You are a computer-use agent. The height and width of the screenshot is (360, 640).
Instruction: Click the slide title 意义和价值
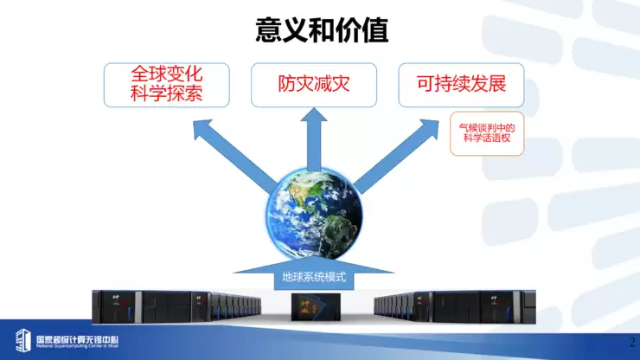point(322,30)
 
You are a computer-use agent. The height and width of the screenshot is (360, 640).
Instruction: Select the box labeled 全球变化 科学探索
point(166,85)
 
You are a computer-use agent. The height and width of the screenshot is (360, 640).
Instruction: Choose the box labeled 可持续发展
point(460,85)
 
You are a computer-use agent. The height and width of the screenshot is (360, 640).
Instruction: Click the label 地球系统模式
point(314,279)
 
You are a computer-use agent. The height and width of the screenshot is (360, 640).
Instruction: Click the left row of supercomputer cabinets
point(176,305)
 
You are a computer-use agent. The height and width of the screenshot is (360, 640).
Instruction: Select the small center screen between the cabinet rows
point(314,305)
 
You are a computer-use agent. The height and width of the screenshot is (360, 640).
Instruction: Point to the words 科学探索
point(166,93)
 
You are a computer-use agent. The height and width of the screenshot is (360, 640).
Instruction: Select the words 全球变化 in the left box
point(166,74)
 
